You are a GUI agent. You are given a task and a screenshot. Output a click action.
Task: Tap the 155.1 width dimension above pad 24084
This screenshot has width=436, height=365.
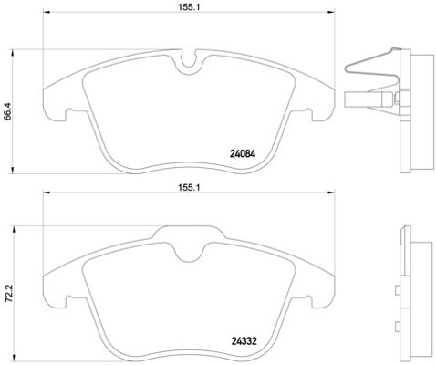(x=190, y=5)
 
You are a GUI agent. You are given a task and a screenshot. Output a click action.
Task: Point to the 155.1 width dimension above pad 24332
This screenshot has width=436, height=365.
(x=190, y=186)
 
